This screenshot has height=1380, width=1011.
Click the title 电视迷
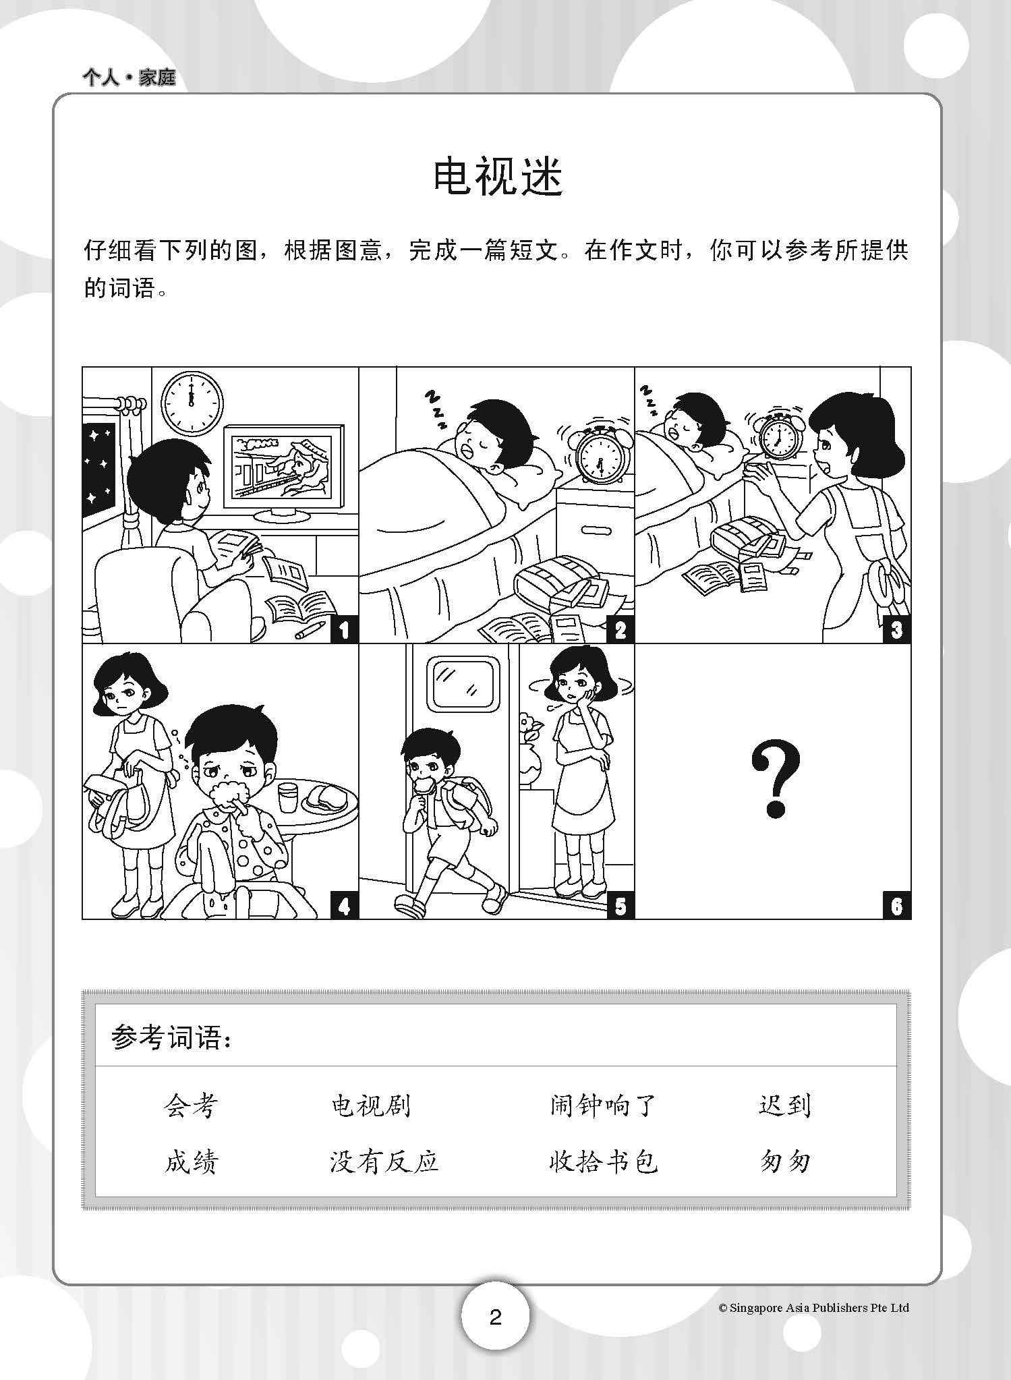coord(498,177)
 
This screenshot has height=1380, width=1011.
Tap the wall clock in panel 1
coord(193,403)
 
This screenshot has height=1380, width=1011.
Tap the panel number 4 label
coord(344,906)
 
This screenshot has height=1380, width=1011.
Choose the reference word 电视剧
coord(371,1106)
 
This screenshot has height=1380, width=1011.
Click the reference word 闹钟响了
coord(602,1106)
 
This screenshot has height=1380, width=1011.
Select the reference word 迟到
coord(784,1106)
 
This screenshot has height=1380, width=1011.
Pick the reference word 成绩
coord(192,1162)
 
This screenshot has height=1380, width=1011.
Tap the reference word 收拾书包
coord(602,1162)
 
